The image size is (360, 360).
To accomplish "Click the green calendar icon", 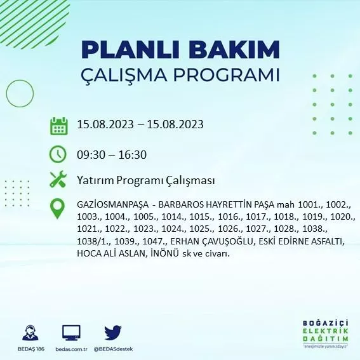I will [58, 125].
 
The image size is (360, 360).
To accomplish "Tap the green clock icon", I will [58, 154].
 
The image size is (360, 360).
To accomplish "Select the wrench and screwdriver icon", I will [58, 180].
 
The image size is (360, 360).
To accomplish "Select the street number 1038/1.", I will [91, 242].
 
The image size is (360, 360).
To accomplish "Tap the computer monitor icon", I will [71, 333].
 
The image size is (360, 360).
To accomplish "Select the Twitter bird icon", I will [112, 333].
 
